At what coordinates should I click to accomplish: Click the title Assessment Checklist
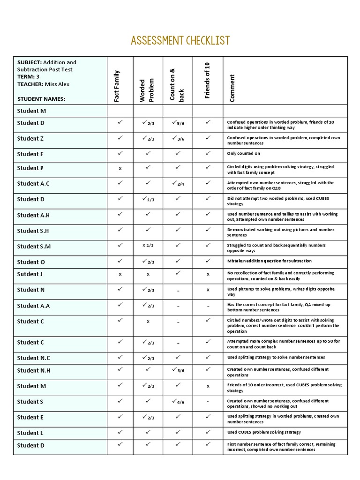point(180,41)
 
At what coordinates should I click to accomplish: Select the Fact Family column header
point(117,86)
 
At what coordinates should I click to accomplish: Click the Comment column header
point(232,88)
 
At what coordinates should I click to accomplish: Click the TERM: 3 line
point(29,77)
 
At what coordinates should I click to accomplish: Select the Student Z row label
point(31,138)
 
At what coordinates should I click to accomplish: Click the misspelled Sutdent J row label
point(30,274)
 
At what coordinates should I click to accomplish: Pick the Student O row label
point(31,262)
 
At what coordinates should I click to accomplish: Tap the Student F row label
point(30,154)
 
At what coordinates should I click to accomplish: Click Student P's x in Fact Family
point(120,168)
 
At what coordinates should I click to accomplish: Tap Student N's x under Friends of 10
point(208,290)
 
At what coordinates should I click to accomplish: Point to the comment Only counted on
point(244,154)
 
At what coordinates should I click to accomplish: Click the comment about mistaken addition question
point(269,261)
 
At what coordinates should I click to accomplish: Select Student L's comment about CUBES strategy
point(264,432)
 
